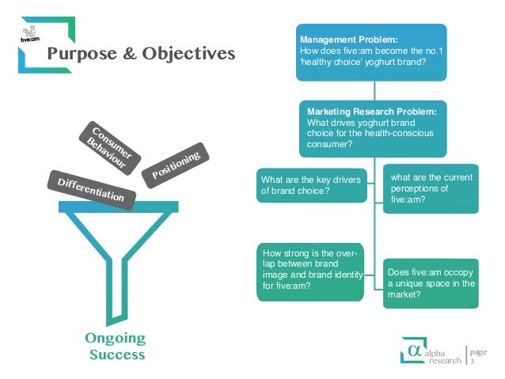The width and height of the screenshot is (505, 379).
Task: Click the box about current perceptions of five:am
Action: click(431, 188)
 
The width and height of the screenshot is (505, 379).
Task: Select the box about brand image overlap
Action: click(309, 274)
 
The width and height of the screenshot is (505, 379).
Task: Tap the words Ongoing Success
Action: click(116, 347)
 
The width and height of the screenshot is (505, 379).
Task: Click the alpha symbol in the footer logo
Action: click(412, 348)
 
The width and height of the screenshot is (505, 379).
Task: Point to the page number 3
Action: click(473, 362)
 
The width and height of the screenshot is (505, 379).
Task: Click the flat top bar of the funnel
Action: click(117, 206)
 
